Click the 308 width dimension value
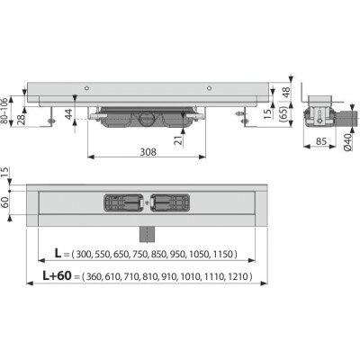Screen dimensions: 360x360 pos(148,152)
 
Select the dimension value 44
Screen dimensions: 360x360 pos(69,114)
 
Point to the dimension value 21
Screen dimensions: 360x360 pos(179,140)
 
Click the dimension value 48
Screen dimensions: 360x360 pos(287,93)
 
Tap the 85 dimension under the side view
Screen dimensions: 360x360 pos(321,141)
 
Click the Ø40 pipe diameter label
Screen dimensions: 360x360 pos(347,142)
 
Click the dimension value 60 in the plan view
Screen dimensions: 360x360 pos(5,202)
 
